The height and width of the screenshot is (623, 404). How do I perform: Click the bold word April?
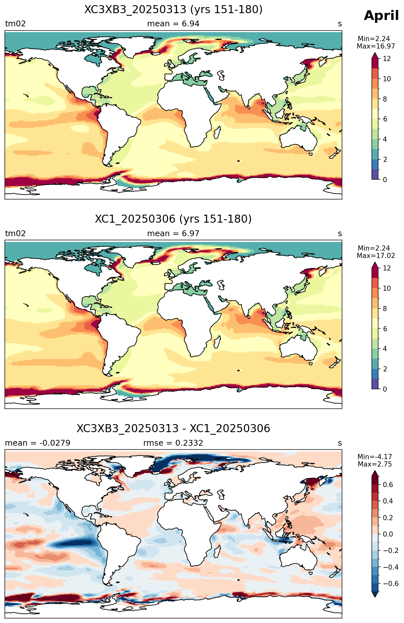pos(381,16)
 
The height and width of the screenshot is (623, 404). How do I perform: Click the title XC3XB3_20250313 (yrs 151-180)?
pos(173,10)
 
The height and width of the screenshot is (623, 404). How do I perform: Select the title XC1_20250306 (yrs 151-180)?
pos(173,219)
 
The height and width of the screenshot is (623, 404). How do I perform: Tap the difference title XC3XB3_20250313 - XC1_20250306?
pos(173,429)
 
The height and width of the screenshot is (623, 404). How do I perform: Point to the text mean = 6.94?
pos(173,24)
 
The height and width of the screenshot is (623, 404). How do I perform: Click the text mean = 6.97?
pos(173,234)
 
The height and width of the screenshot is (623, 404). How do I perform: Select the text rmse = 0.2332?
pos(173,443)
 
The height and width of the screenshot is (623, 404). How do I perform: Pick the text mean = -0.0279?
pos(38,443)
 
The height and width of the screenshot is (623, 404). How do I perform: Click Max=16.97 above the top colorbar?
pos(376,46)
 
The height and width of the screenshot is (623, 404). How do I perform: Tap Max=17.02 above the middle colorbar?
pos(376,256)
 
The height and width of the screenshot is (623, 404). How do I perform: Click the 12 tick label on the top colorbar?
pos(387,59)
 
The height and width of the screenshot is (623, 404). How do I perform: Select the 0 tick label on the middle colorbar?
pos(385,389)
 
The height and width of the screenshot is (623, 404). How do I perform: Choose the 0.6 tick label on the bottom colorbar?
pos(388,485)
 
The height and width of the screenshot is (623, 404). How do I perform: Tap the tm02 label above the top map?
pos(15,24)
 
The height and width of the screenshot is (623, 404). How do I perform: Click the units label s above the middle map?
pos(340,234)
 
